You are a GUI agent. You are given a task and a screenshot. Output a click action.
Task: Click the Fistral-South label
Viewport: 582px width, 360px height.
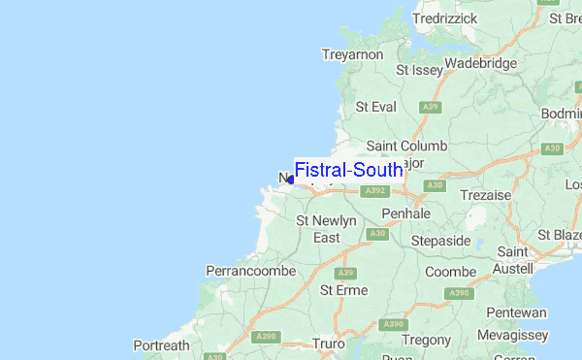pos(348,171)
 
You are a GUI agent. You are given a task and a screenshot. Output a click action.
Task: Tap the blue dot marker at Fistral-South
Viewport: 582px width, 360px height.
pos(291,180)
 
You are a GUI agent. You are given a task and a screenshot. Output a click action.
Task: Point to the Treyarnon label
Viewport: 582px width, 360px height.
pos(352,55)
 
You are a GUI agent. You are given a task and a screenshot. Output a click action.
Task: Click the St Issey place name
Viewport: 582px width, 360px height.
pos(419,70)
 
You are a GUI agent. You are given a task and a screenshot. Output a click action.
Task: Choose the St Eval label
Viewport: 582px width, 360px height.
pos(375,107)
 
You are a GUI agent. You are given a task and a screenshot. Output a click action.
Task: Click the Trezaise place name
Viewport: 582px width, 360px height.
pos(486,195)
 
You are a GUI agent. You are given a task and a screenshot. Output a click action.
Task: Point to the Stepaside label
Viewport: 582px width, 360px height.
pos(440,240)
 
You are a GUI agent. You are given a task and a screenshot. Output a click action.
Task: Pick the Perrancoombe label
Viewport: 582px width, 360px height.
pos(250,271)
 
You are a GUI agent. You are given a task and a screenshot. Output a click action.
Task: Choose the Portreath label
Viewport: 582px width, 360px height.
pos(161,345)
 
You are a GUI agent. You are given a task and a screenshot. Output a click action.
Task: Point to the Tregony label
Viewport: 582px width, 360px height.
pos(427,340)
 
